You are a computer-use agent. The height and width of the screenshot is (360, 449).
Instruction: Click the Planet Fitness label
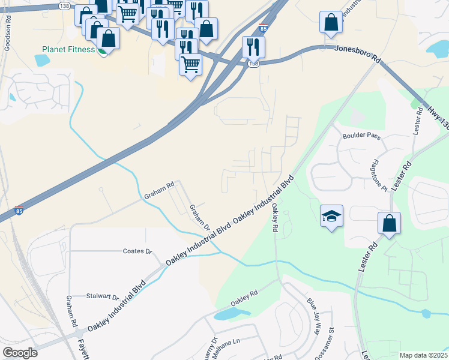coord(68,49)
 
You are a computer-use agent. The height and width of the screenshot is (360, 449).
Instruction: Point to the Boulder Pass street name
coord(361,136)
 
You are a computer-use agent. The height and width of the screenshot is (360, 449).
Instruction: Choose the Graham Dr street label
coord(200,217)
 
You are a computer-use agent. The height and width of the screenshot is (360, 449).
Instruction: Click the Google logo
coord(20,353)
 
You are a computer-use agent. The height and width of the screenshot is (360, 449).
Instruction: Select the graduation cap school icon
coord(330,216)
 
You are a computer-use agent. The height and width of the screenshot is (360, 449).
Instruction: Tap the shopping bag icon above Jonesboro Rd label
coord(331,23)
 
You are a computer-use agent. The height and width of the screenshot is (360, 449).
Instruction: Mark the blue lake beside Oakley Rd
coord(232,314)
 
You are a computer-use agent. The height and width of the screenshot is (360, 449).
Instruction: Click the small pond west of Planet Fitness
coord(42,60)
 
